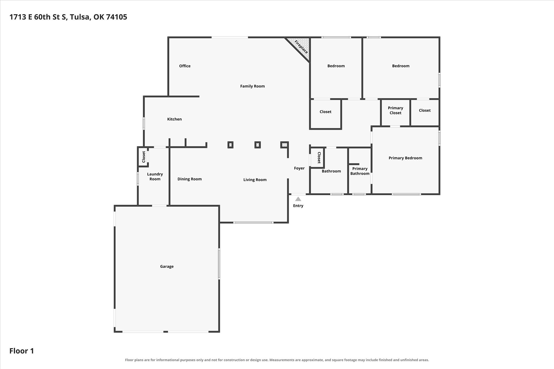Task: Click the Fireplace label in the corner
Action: (301, 47)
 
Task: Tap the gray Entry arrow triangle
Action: (298, 199)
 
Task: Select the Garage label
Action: (167, 266)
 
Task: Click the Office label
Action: (185, 66)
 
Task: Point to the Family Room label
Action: (252, 86)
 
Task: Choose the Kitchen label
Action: (175, 119)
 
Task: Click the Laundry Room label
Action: (155, 176)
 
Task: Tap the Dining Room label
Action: (190, 179)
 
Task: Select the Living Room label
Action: (255, 180)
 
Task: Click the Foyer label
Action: (299, 168)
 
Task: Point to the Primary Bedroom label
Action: (405, 158)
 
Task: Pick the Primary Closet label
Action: (396, 110)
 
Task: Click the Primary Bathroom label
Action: (360, 171)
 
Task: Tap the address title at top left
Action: (68, 17)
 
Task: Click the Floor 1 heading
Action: (22, 351)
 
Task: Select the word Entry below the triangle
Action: (298, 206)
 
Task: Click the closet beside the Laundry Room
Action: (143, 157)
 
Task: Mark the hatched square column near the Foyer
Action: (285, 145)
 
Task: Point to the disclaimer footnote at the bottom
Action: (277, 360)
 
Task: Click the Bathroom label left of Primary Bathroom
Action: (331, 171)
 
